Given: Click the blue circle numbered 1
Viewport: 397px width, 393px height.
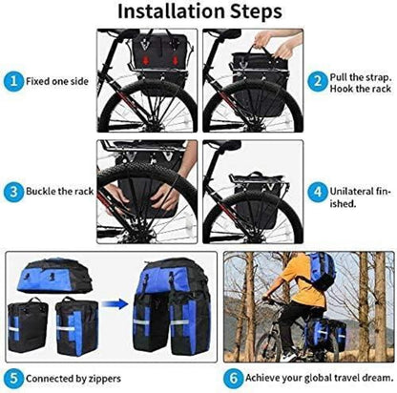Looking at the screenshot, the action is [x=13, y=81].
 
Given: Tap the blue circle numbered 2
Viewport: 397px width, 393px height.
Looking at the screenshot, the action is [x=318, y=82].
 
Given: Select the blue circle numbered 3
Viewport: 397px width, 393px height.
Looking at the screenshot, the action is [x=13, y=192].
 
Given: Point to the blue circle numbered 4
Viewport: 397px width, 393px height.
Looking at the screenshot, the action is [x=318, y=192].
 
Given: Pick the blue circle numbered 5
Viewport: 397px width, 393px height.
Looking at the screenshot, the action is [x=13, y=379].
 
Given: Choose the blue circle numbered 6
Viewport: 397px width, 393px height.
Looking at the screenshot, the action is [x=233, y=379].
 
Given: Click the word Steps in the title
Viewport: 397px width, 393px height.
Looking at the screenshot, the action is [x=256, y=12].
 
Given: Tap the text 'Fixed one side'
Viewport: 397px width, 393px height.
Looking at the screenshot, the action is [x=57, y=81].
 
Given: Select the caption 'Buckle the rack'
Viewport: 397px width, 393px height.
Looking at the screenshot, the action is [x=60, y=192].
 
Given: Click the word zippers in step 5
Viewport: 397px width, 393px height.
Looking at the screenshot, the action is [x=105, y=379].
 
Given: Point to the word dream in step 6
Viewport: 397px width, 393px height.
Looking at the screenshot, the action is [x=378, y=378].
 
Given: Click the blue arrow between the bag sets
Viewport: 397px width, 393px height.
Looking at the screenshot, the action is [x=115, y=304].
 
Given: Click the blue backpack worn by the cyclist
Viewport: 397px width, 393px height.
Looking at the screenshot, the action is [x=322, y=270].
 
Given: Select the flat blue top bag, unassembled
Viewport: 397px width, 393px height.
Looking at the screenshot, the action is [x=54, y=276].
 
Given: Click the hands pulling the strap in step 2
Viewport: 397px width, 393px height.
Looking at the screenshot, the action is [x=275, y=44].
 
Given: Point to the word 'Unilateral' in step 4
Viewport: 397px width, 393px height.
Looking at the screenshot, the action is [x=351, y=192].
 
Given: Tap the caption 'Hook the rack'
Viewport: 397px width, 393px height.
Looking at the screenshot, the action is [x=361, y=89].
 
